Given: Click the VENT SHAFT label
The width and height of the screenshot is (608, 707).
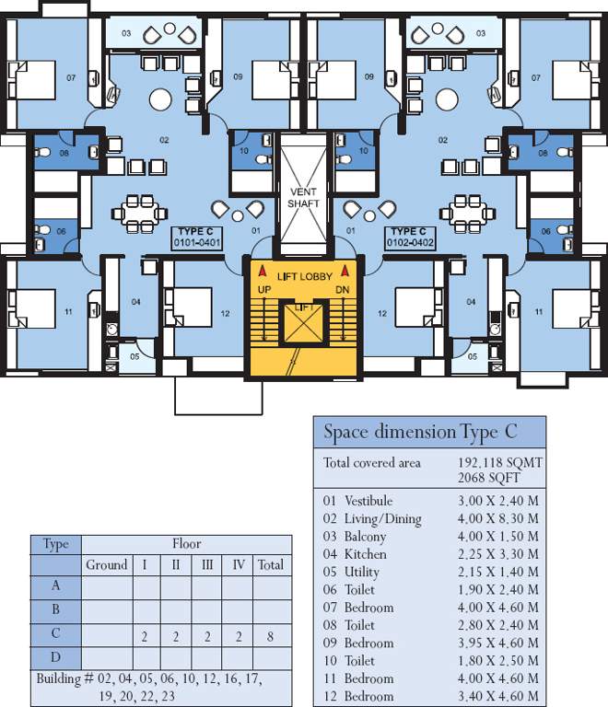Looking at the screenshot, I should coord(303,197).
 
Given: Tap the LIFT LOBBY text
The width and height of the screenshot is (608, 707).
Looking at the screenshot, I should coord(303,276).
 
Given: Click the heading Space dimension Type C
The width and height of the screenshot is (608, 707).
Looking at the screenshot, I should coord(420,432).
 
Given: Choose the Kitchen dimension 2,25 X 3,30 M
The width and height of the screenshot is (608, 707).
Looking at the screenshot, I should coord(498,554).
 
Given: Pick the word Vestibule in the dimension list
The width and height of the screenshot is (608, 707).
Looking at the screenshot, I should coord(368,501).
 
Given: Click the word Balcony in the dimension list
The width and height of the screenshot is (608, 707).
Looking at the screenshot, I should coord(365,537).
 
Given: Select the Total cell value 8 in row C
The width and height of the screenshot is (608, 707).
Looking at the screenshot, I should coord(270,636).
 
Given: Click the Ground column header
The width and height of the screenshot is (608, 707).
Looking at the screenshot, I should coord(107,565).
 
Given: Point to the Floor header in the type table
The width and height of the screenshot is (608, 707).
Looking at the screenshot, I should coord(186,544).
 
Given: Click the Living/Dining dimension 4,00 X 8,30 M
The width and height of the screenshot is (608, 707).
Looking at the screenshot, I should coord(498,519).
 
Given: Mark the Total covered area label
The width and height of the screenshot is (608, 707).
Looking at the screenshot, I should coord(371,462).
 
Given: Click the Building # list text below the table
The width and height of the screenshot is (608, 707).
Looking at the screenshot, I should coord(148,688).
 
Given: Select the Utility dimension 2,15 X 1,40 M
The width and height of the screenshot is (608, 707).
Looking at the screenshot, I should coord(498,573).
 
